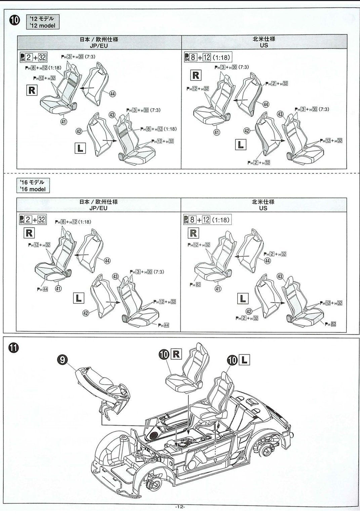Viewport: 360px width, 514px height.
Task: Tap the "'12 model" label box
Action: [42, 22]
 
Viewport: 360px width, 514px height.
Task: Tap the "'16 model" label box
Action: [33, 186]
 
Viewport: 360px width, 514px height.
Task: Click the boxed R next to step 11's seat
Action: [176, 354]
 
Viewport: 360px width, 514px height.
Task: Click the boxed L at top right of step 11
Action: [244, 360]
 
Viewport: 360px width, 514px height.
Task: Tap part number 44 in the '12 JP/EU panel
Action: [113, 94]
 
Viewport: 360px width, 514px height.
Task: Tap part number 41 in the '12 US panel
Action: [217, 132]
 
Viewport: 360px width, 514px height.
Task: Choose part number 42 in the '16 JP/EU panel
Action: [86, 313]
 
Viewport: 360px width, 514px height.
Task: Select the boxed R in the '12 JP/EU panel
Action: [32, 90]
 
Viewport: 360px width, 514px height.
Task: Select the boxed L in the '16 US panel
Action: [242, 299]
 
